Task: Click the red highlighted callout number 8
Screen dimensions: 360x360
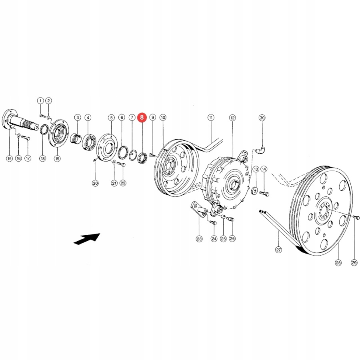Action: pos(142,118)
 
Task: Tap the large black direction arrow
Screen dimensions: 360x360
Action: pos(86,238)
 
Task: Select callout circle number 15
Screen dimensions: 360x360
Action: pos(9,158)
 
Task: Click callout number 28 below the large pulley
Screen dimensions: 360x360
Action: pos(338,262)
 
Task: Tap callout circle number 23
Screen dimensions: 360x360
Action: pos(199,239)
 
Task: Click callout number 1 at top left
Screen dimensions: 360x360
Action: pos(40,100)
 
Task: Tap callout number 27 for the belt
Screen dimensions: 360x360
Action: pos(278,250)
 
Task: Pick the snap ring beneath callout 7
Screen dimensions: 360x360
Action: pos(133,155)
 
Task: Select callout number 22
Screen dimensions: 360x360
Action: pos(123,183)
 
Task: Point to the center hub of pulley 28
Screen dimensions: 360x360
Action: pos(324,211)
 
